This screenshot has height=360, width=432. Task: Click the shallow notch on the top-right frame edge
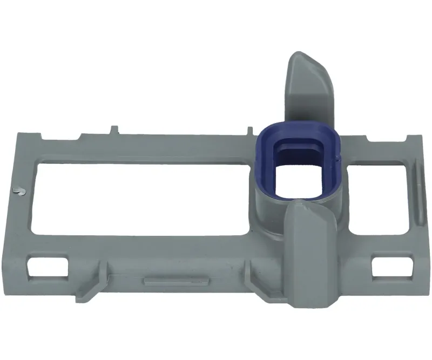pyautogui.click(x=378, y=141)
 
